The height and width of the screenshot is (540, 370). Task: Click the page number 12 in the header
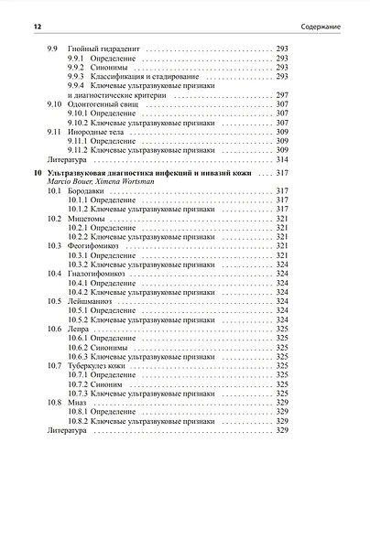tap(36, 27)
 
